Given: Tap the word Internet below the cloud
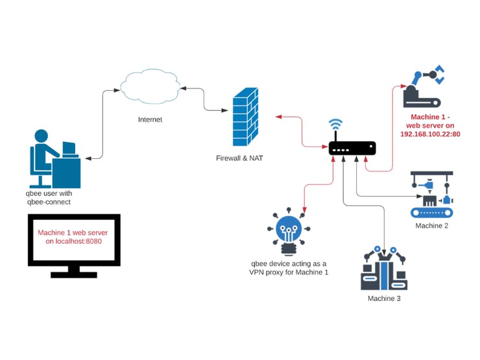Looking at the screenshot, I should click(x=150, y=120).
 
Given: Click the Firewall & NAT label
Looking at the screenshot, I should click(x=239, y=158).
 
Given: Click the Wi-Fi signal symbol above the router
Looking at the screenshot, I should click(x=335, y=125).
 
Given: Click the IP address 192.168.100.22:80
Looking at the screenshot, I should click(x=430, y=134).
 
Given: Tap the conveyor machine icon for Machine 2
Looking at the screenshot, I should click(x=431, y=195).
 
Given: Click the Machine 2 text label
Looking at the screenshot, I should click(x=432, y=226).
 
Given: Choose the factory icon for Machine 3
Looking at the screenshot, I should click(x=384, y=269).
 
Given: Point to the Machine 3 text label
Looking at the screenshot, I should click(x=384, y=298).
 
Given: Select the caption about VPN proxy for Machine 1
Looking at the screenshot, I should click(x=289, y=268).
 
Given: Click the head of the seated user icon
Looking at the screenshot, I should click(x=41, y=136).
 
